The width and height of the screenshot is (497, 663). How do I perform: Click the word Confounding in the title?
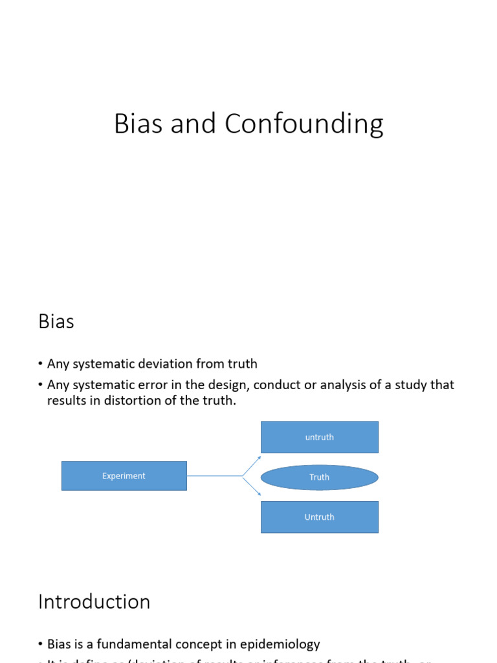point(304,124)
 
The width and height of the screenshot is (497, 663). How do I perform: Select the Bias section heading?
point(56,321)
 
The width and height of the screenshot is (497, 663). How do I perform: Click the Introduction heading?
point(94,601)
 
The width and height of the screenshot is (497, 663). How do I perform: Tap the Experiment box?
point(124,476)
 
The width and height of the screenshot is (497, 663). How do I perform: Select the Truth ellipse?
point(319,477)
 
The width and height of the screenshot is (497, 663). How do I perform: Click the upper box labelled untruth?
point(319,437)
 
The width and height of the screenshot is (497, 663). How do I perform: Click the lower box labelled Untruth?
point(319,517)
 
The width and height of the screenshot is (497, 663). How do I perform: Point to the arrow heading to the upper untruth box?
point(252,466)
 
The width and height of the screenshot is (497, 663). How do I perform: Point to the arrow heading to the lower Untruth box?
point(252,487)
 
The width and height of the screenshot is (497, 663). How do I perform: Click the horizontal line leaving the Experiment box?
point(214,476)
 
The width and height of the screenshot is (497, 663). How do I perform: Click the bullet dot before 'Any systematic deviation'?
point(41,365)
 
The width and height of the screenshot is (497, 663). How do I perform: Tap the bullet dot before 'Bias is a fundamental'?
point(41,645)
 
